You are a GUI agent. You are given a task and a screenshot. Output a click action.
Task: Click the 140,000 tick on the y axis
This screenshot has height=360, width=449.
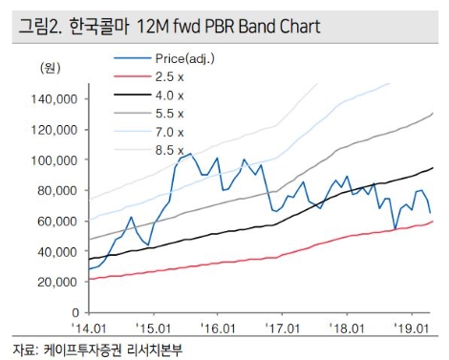pyautogui.click(x=53, y=98)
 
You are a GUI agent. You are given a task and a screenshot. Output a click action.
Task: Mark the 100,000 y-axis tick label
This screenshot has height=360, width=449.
pyautogui.click(x=53, y=159)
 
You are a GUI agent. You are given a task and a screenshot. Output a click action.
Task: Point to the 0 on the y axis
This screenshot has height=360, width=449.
pyautogui.click(x=74, y=312)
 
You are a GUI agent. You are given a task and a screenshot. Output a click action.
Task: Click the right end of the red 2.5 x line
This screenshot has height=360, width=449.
pyautogui.click(x=433, y=221)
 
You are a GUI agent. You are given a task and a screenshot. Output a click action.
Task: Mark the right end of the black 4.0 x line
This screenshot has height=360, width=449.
pyautogui.click(x=433, y=168)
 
